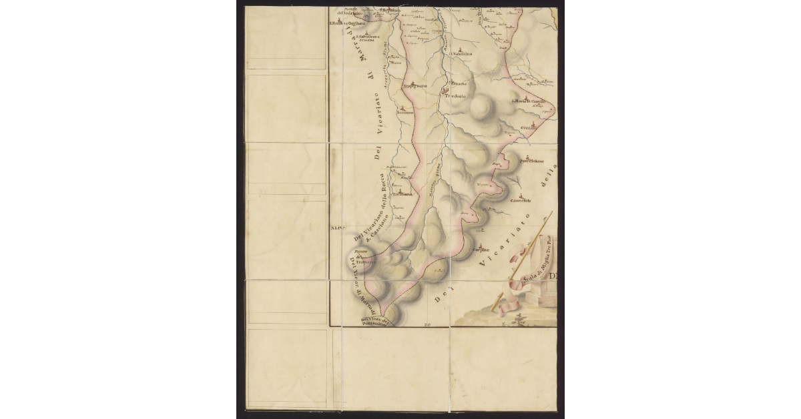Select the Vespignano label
[x=414, y=86]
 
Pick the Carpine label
[x=481, y=250]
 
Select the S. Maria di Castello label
[x=529, y=101]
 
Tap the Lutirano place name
[x=406, y=113]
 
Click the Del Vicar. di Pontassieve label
[x=374, y=322]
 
